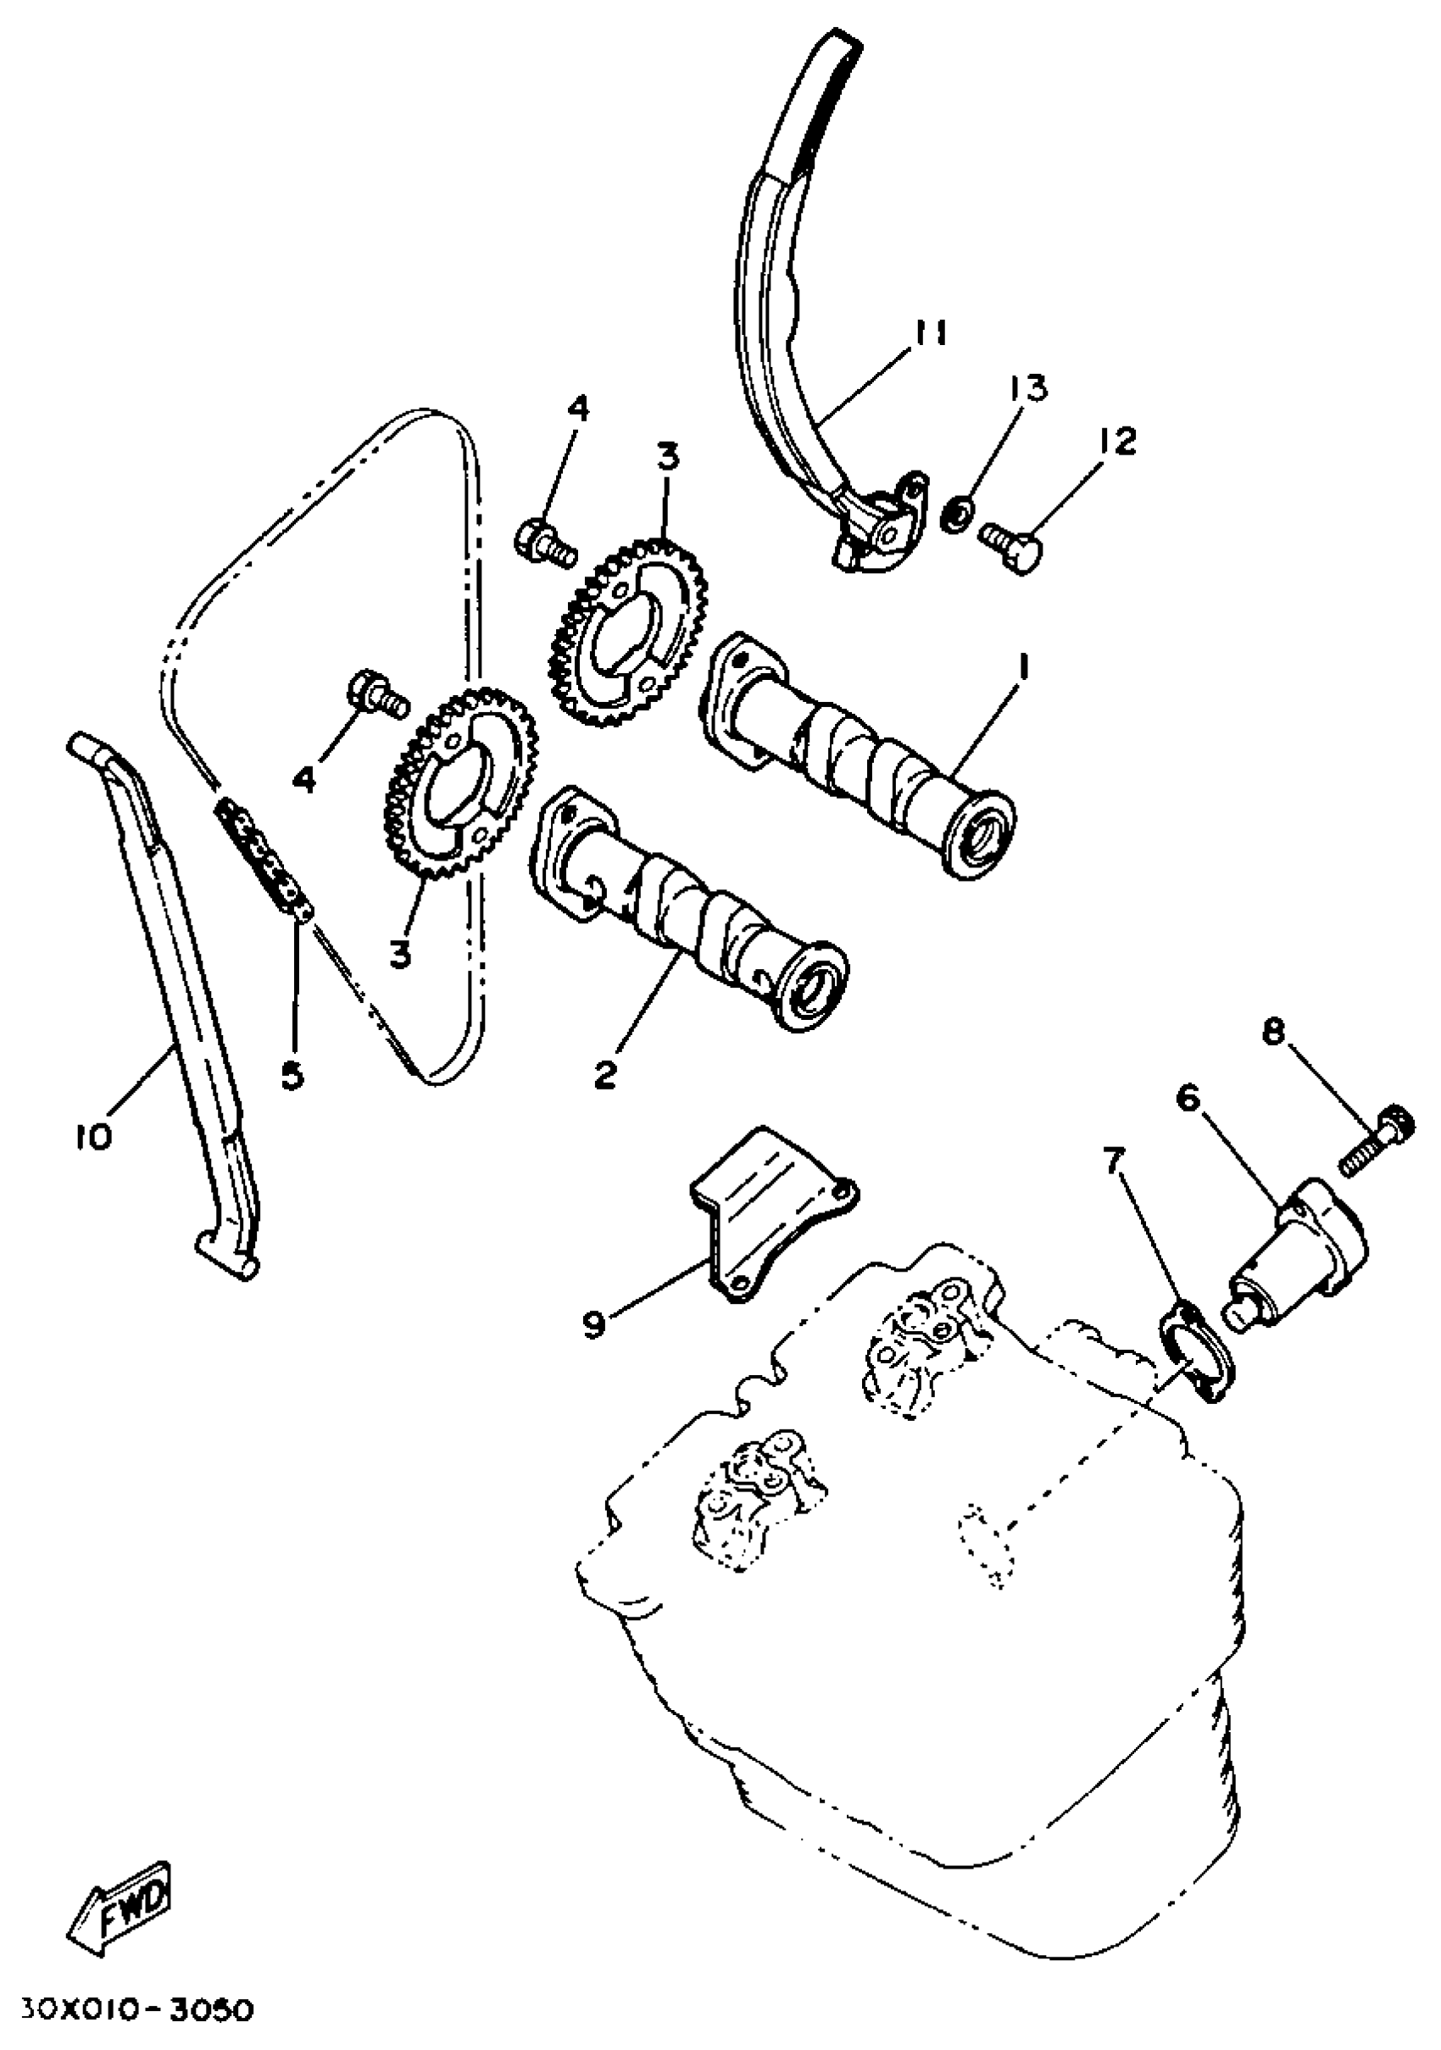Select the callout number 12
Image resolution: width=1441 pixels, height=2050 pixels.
(x=1112, y=440)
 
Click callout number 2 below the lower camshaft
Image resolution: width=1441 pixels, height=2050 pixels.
(x=605, y=1075)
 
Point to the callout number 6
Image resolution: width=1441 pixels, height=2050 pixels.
(x=1188, y=1100)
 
